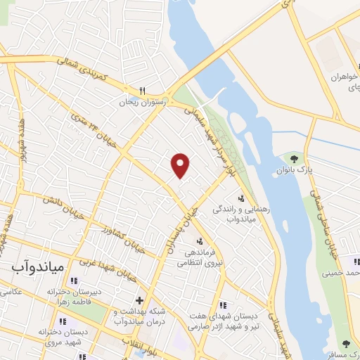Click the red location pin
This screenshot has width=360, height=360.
click(x=181, y=165)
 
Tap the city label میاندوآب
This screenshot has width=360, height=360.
click(x=39, y=267)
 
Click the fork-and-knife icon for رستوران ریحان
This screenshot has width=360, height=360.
click(x=142, y=91)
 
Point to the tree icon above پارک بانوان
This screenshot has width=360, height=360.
click(x=304, y=159)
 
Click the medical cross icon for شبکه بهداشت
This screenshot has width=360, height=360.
click(x=139, y=300)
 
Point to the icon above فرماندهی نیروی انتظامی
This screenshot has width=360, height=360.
click(x=188, y=240)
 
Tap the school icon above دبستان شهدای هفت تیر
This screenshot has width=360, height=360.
click(x=224, y=305)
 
